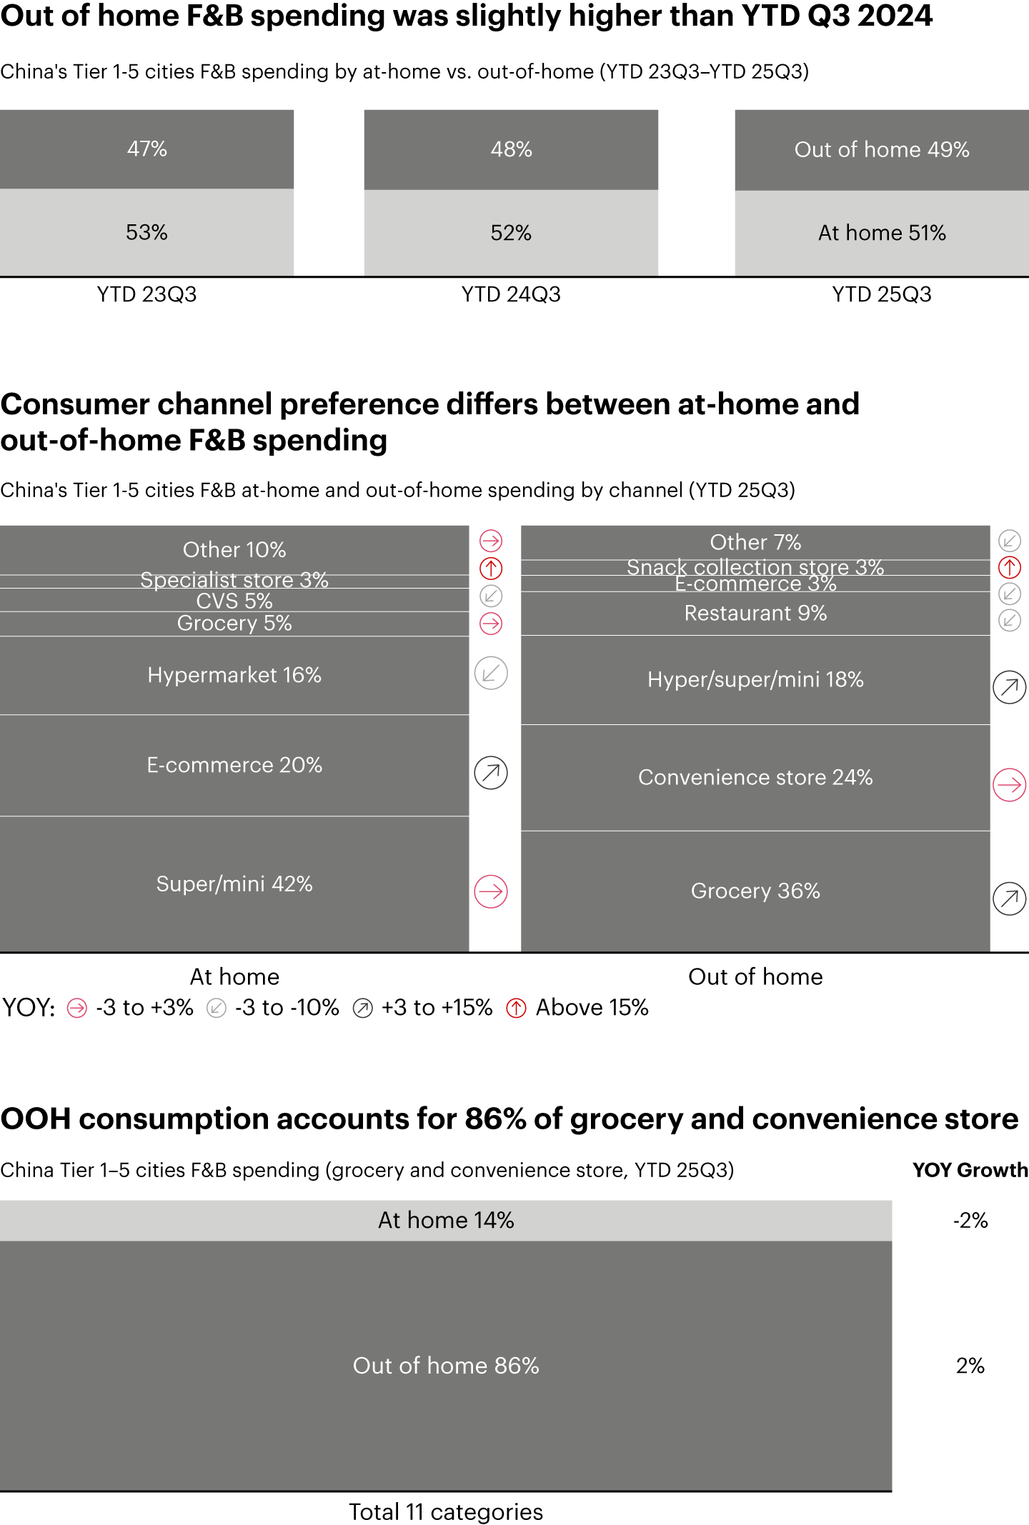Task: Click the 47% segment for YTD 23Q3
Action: (x=146, y=149)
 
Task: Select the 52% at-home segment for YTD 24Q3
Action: (x=511, y=233)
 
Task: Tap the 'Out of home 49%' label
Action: (x=882, y=149)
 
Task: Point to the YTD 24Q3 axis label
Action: (x=511, y=294)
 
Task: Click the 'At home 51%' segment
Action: (x=882, y=233)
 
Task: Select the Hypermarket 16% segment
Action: (x=234, y=675)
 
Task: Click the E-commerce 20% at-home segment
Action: (x=234, y=765)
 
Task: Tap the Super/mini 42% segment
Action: (x=234, y=884)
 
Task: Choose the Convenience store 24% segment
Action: (x=755, y=777)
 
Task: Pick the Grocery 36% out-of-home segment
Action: (x=755, y=891)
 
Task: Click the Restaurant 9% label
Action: (x=755, y=613)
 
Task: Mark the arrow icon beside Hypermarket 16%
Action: (x=491, y=673)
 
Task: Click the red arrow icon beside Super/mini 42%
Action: (x=491, y=891)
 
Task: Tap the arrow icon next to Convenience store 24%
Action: (x=1009, y=785)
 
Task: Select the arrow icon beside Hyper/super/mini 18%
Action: (x=1009, y=687)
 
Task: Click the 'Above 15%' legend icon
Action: (x=516, y=1008)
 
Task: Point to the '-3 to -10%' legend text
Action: (x=287, y=1008)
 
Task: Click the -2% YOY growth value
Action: (x=970, y=1220)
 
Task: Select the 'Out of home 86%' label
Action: (x=446, y=1366)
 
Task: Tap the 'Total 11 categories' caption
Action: (x=446, y=1512)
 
